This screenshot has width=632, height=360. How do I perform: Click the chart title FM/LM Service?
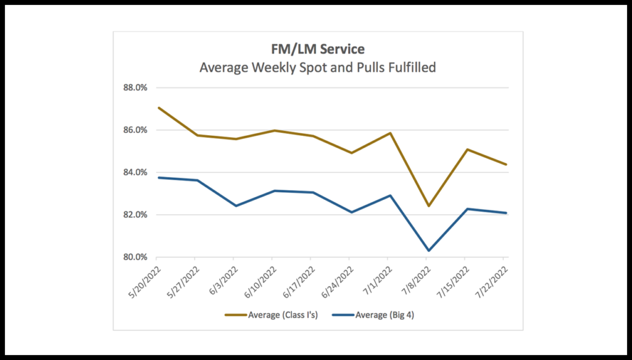(317, 50)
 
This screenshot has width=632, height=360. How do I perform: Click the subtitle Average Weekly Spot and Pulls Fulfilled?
(317, 67)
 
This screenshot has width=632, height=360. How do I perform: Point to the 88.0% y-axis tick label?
(135, 88)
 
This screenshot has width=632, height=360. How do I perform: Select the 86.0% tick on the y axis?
(135, 130)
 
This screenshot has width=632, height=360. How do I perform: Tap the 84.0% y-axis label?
(135, 172)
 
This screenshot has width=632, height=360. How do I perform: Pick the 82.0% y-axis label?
(135, 215)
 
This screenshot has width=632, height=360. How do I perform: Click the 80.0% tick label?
(135, 257)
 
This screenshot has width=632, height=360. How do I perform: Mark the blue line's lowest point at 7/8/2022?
(427, 251)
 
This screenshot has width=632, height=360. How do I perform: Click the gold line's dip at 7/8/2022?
(427, 206)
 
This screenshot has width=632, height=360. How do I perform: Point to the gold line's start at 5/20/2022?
(158, 107)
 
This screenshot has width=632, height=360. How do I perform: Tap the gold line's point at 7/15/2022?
(466, 149)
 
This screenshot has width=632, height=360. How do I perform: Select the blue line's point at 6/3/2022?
(235, 206)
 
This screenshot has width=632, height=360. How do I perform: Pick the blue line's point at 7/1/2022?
(389, 195)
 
